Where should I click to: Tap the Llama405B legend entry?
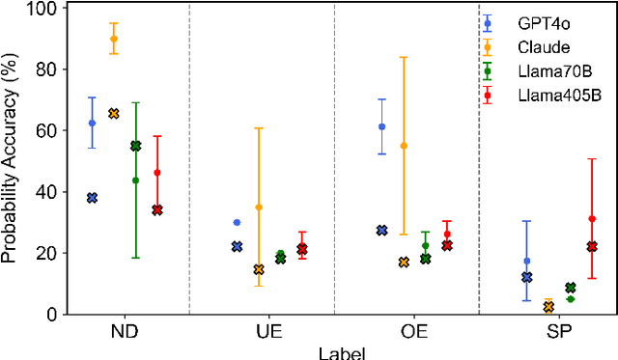(x=549, y=95)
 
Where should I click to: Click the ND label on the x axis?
(x=124, y=331)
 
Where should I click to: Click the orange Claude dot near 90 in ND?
(x=114, y=39)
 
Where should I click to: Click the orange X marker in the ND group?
(x=114, y=114)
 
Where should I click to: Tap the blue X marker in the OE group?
(x=381, y=231)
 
